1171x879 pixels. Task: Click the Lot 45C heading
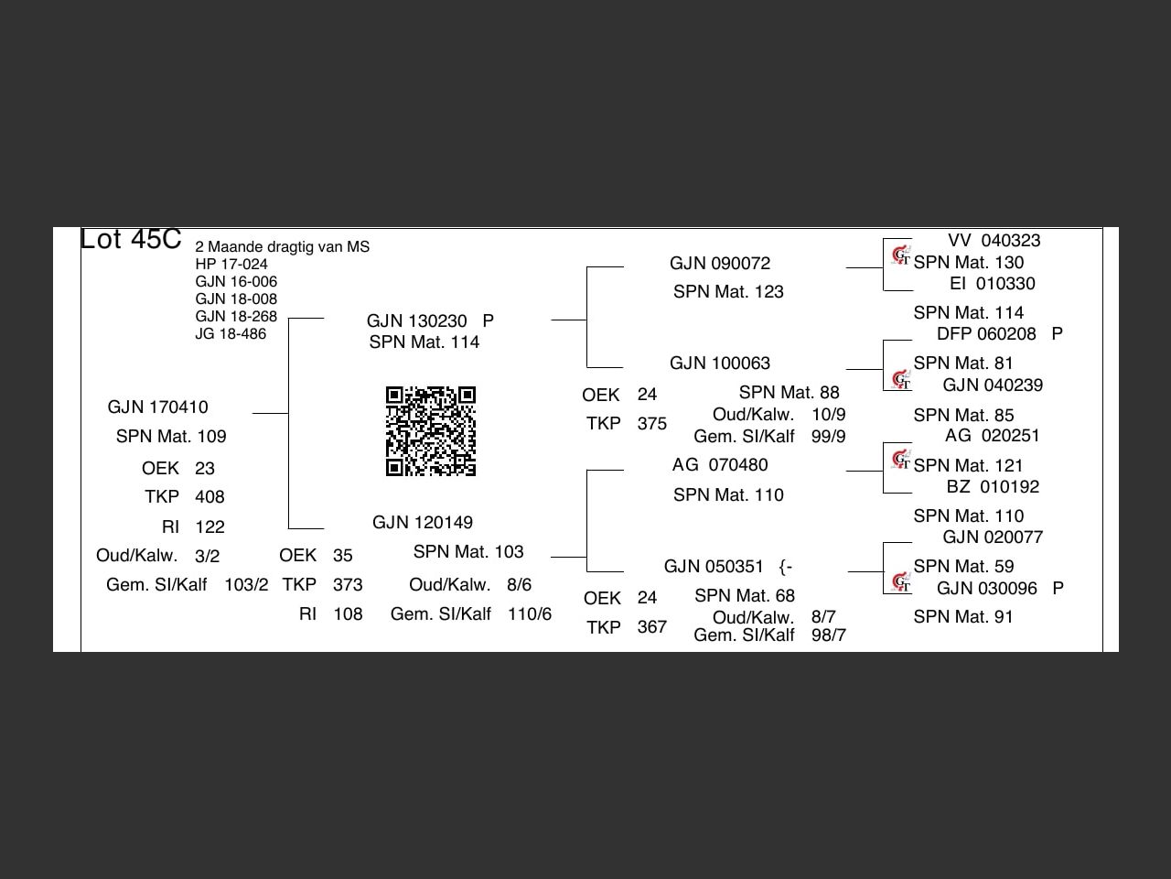click(x=131, y=239)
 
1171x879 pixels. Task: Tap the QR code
click(x=431, y=431)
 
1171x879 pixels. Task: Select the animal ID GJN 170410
click(x=157, y=407)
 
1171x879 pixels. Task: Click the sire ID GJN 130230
click(x=417, y=321)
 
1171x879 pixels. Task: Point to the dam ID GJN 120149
click(x=423, y=523)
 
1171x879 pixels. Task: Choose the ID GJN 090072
click(x=720, y=264)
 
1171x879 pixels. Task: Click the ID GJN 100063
click(x=720, y=364)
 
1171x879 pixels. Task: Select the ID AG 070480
click(x=720, y=465)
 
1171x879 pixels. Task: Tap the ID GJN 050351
click(x=714, y=567)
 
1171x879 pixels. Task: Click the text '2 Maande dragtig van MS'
click(x=282, y=247)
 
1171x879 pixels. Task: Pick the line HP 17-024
click(x=231, y=265)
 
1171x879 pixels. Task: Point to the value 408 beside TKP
click(x=209, y=497)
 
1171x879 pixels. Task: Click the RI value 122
click(x=209, y=527)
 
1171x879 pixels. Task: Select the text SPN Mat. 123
click(x=728, y=292)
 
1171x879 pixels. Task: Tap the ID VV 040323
click(x=994, y=241)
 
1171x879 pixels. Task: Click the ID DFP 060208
click(x=986, y=334)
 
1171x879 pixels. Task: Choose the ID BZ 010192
click(x=993, y=487)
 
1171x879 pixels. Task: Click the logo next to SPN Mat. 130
click(x=901, y=255)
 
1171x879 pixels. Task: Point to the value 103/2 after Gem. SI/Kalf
click(x=246, y=585)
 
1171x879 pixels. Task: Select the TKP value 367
click(x=651, y=627)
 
